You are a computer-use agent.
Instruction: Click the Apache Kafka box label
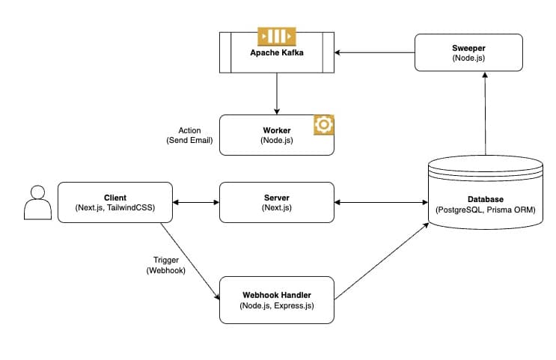click(276, 54)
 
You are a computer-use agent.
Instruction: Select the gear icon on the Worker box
click(323, 125)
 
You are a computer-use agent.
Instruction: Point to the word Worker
click(276, 130)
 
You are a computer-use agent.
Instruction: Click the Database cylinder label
click(486, 199)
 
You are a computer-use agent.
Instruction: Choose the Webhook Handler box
click(276, 300)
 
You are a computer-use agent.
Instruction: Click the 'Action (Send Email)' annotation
click(189, 135)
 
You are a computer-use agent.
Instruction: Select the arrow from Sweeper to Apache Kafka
click(374, 52)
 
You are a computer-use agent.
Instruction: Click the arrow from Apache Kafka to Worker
click(277, 94)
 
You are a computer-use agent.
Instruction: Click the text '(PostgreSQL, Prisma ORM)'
click(486, 210)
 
